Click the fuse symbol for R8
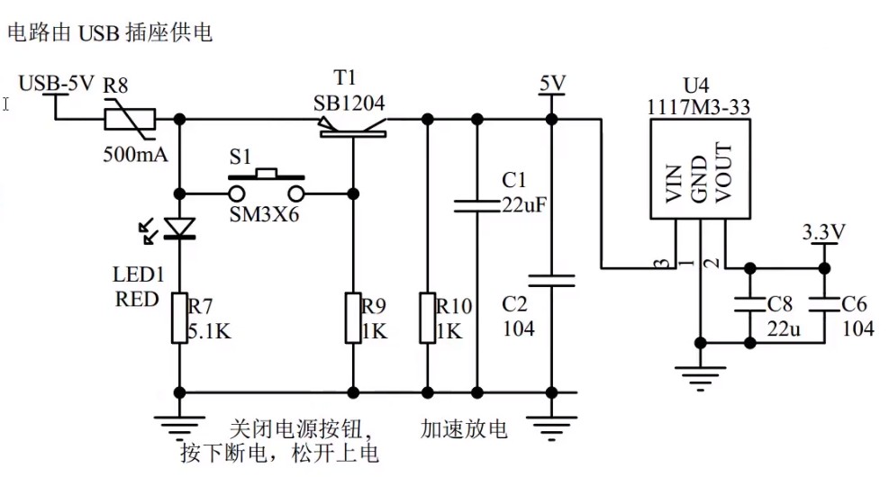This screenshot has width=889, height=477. pyautogui.click(x=131, y=119)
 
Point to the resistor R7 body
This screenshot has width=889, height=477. pyautogui.click(x=180, y=316)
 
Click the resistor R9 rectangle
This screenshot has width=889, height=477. pyautogui.click(x=353, y=316)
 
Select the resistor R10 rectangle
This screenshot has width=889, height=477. pyautogui.click(x=428, y=316)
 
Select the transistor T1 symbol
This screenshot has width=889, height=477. pyautogui.click(x=353, y=130)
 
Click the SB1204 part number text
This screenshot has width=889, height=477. pyautogui.click(x=349, y=103)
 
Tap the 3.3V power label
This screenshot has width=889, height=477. pyautogui.click(x=823, y=232)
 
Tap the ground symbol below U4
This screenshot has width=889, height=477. pyautogui.click(x=700, y=375)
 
